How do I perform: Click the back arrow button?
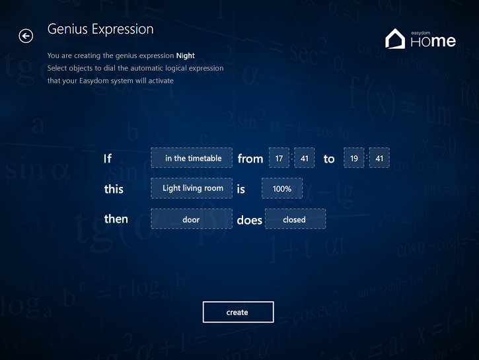pos(26,36)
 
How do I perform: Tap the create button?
pos(238,312)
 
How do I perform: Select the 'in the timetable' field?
pos(192,158)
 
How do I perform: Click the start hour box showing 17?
pos(279,158)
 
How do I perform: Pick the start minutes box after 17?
pos(305,158)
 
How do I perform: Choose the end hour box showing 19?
pos(354,158)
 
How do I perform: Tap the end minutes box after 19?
pos(379,158)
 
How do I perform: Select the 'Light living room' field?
pos(192,188)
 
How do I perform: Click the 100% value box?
pos(282,188)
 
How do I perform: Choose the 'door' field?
pos(192,219)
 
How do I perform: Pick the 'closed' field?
pos(295,219)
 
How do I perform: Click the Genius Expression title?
pos(100,30)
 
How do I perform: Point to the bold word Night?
pos(186,55)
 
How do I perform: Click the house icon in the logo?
pos(395,39)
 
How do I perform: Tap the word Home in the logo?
pos(433,41)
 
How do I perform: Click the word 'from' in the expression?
pos(250,159)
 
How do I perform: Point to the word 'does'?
pos(249,220)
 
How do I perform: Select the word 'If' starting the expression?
pos(108,159)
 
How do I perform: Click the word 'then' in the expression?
pos(116,219)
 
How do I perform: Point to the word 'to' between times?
pos(329,159)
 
